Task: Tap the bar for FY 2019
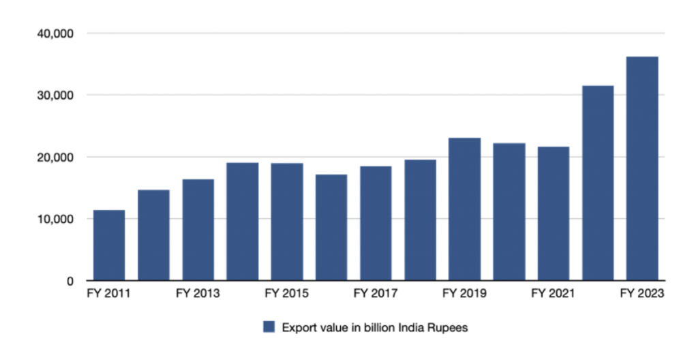tap(464, 209)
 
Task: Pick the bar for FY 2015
tap(287, 222)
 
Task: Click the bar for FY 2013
tap(198, 230)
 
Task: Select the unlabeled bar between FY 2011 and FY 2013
tap(153, 235)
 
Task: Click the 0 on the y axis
tap(71, 281)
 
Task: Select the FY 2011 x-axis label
tap(109, 294)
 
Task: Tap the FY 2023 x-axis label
tap(642, 294)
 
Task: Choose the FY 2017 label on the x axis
tap(376, 294)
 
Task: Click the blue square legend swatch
tap(269, 327)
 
